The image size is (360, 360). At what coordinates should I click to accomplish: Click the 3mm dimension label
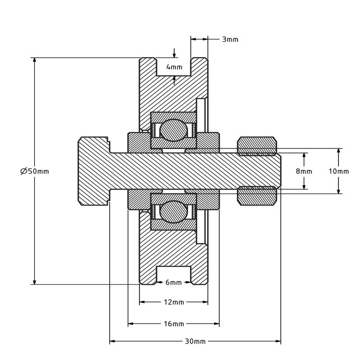(x=230, y=40)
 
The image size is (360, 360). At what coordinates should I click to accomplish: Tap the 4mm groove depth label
(x=174, y=67)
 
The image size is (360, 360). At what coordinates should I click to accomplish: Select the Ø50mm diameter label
(x=35, y=171)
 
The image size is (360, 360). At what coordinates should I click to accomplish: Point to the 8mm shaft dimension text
(x=304, y=171)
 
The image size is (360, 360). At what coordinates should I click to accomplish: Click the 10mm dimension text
(x=339, y=171)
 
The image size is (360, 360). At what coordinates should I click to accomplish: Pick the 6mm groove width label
(x=174, y=283)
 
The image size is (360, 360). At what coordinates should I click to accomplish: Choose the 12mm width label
(x=174, y=302)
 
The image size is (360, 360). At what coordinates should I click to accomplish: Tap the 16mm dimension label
(x=174, y=324)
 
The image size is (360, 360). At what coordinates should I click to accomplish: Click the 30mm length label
(x=195, y=342)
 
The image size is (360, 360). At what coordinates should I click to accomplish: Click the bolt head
(x=94, y=171)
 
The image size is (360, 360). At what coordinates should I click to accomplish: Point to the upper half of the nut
(x=257, y=146)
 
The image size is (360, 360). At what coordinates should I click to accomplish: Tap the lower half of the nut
(x=257, y=196)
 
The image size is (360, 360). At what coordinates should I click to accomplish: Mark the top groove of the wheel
(x=174, y=67)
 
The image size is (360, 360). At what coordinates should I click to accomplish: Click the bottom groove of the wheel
(x=174, y=275)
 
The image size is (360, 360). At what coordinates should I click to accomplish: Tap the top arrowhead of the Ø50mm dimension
(x=35, y=60)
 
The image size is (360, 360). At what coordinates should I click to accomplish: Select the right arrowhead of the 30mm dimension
(x=279, y=342)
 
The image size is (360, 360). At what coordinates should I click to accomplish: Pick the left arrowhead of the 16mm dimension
(x=130, y=324)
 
